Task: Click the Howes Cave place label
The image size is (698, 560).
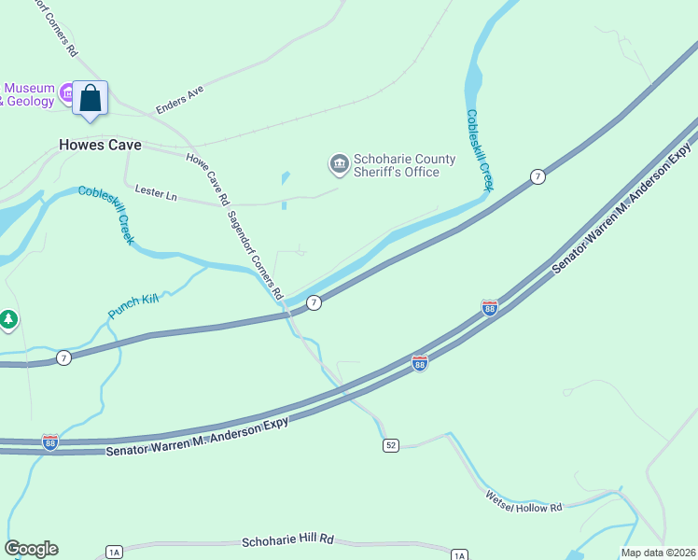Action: coord(100,145)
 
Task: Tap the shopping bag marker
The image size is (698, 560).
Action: coord(91,97)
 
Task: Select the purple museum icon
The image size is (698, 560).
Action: coord(66,92)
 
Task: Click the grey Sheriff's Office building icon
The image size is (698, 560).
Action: coord(338,165)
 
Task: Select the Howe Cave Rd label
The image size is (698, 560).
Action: coord(207,178)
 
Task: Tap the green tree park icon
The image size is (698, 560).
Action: coord(9,320)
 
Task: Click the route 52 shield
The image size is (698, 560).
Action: coord(391,446)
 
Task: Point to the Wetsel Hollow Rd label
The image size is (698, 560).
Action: coord(523,501)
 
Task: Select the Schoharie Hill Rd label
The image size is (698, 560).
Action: coord(287,540)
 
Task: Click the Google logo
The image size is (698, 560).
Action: coord(31,549)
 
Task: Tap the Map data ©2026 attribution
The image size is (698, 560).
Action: coord(657,553)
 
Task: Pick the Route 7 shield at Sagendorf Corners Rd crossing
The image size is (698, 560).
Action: coord(314,302)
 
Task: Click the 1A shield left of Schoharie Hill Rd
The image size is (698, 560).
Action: coord(114,552)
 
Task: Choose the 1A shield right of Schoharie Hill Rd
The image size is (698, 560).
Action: coord(458,555)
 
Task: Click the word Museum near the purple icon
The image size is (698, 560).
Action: coord(29,89)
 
